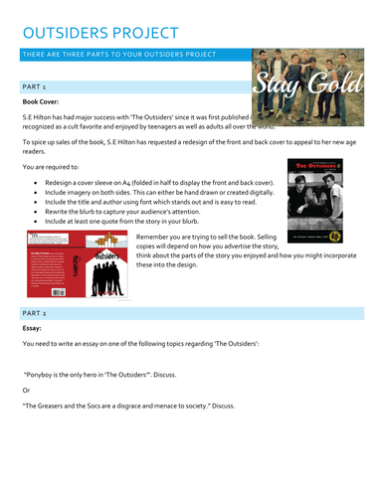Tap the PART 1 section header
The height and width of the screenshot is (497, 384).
(36, 87)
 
